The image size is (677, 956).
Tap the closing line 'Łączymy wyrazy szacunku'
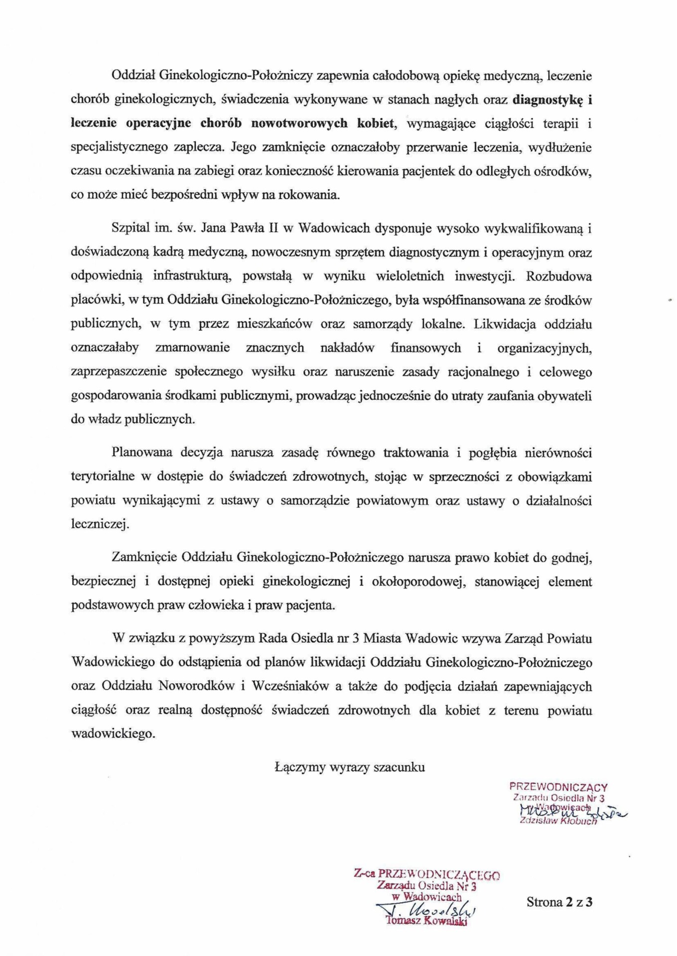click(350, 767)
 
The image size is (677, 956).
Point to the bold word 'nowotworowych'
click(299, 123)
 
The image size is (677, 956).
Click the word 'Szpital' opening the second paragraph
click(131, 229)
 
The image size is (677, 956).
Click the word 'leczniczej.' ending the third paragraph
click(100, 524)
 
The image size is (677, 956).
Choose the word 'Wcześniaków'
click(290, 686)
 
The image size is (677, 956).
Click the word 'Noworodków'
click(196, 686)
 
